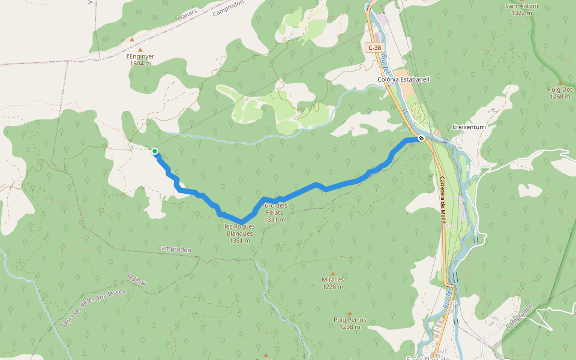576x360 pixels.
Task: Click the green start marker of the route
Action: click(x=155, y=151)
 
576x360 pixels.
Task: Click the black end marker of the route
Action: click(x=422, y=138)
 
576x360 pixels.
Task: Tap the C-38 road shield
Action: click(x=374, y=47)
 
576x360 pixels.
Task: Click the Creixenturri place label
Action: click(x=468, y=128)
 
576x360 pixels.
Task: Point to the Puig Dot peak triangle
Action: click(x=560, y=83)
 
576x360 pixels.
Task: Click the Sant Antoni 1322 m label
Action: click(x=521, y=10)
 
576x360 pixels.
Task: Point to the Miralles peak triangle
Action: click(x=333, y=274)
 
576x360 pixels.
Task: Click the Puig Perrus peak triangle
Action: click(x=349, y=313)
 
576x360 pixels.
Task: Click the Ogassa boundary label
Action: click(x=137, y=280)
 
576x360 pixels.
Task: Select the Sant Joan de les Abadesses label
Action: click(x=92, y=306)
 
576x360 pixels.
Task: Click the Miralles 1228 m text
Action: click(x=332, y=283)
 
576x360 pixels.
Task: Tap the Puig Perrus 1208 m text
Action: click(x=350, y=323)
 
